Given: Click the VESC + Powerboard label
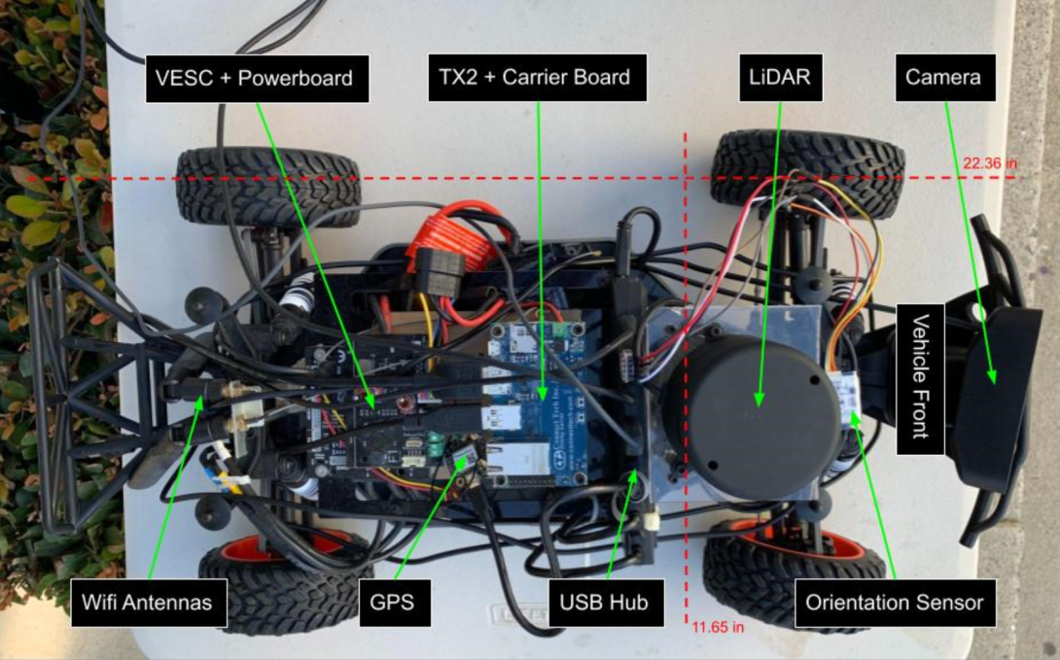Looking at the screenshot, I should pyautogui.click(x=257, y=78).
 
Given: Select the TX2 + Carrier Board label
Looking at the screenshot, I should pyautogui.click(x=537, y=78).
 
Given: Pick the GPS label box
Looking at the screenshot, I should pyautogui.click(x=393, y=603).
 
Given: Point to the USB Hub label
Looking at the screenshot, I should pyautogui.click(x=605, y=603).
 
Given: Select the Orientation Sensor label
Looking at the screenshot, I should pyautogui.click(x=893, y=603).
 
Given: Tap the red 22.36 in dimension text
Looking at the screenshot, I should pyautogui.click(x=990, y=163).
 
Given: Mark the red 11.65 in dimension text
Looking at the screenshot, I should pyautogui.click(x=718, y=628).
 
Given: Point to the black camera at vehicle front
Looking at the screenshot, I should pyautogui.click(x=994, y=399).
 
